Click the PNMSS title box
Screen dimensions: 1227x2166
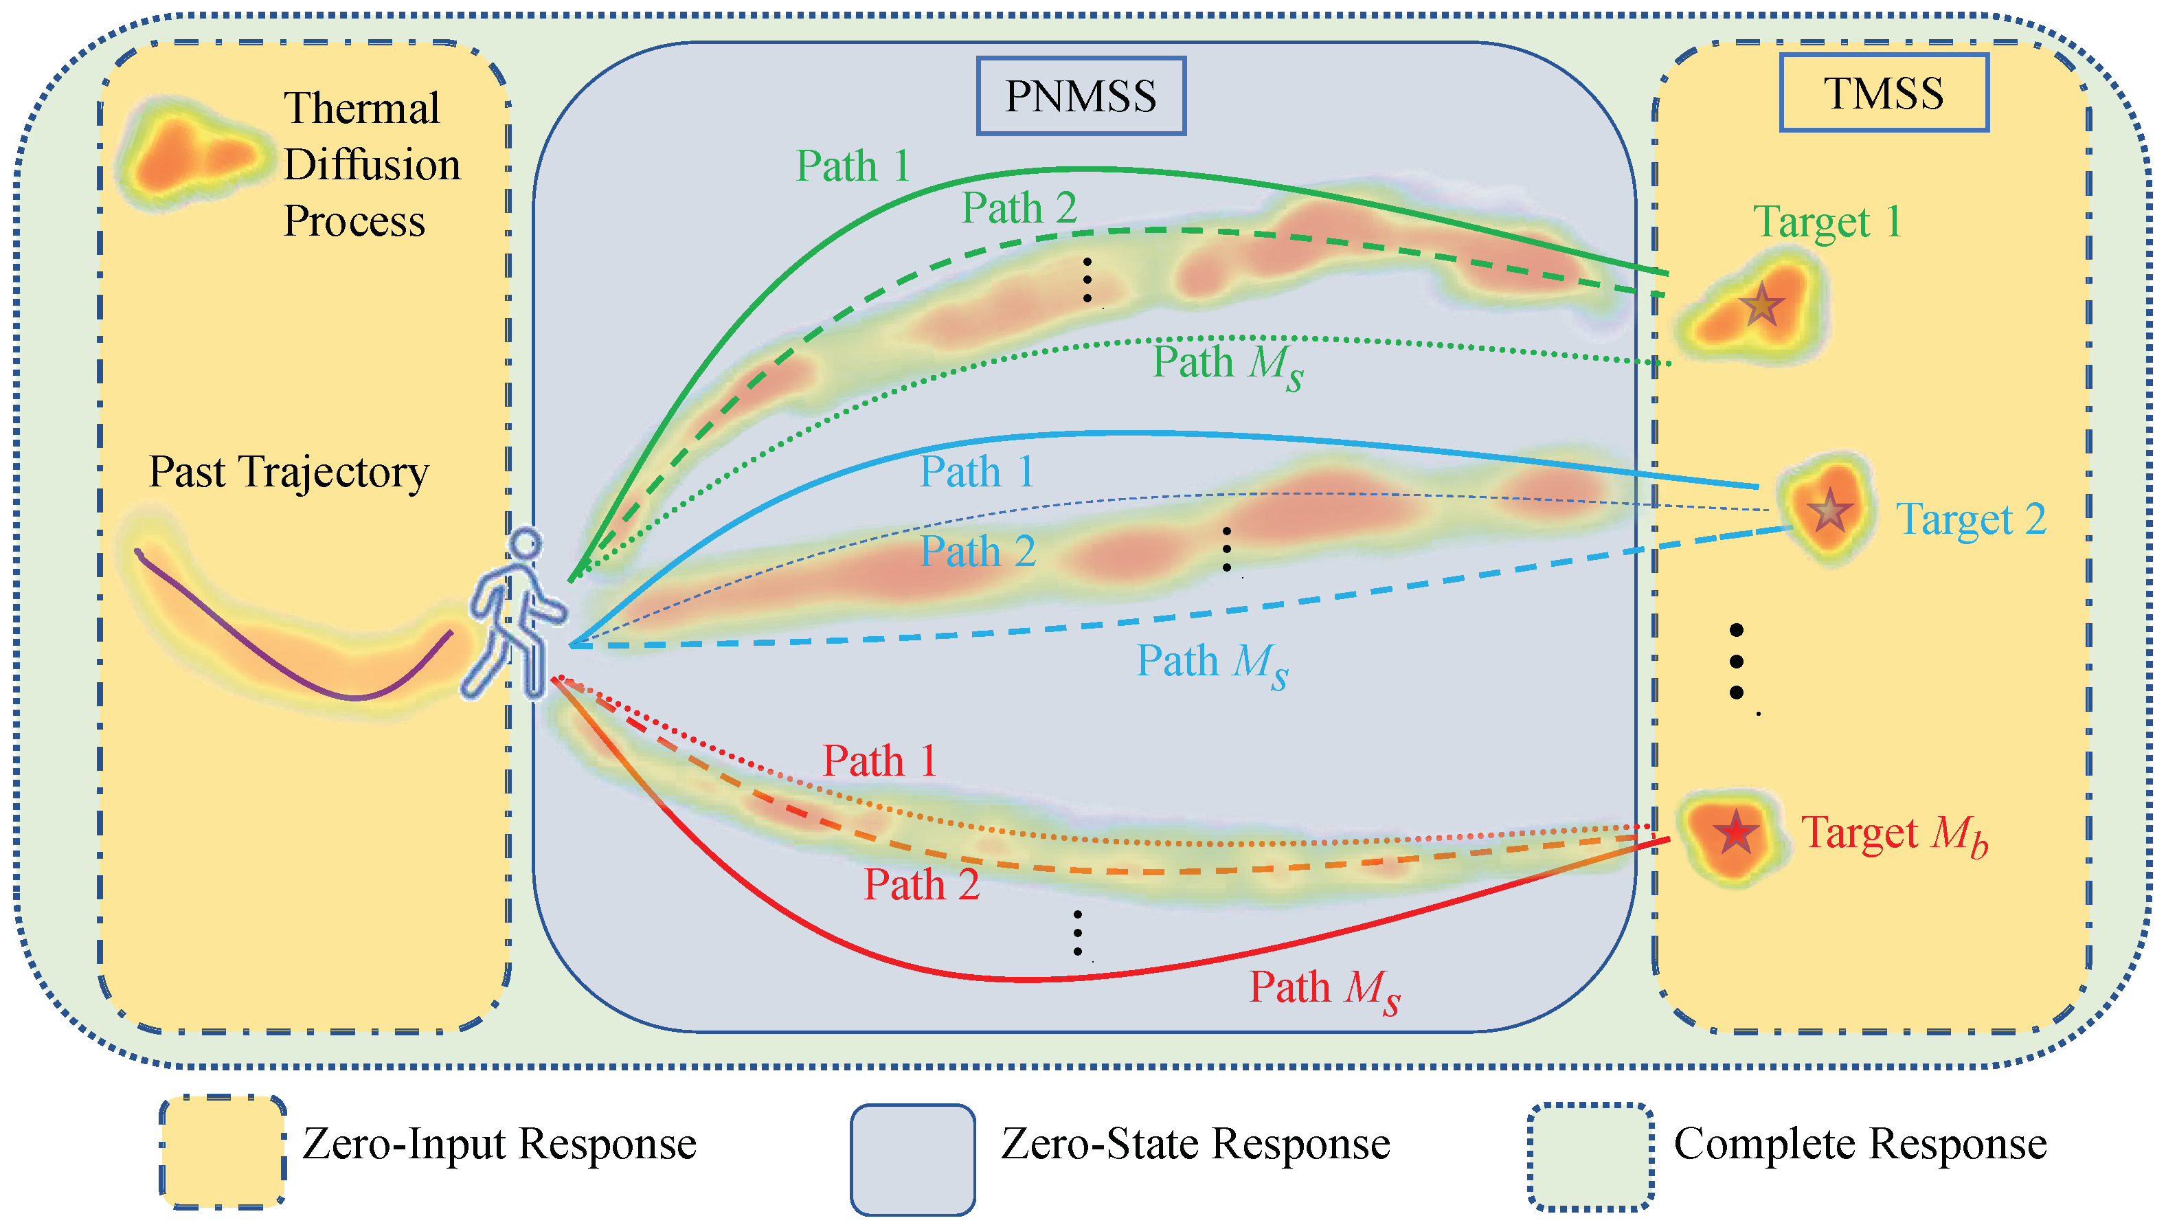(x=1081, y=96)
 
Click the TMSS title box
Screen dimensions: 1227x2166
(x=1884, y=93)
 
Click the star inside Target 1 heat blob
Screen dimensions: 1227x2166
(x=1761, y=305)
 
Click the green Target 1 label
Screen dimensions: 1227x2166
(x=1827, y=223)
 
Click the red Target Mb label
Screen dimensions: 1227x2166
(x=1894, y=834)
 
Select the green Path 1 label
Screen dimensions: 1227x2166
(x=853, y=166)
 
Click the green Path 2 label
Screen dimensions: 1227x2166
(x=1019, y=208)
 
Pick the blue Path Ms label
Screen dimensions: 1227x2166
(x=1212, y=662)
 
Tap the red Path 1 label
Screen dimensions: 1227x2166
(x=879, y=761)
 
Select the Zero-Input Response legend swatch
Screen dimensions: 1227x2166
(x=223, y=1152)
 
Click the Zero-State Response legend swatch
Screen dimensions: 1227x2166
(x=912, y=1160)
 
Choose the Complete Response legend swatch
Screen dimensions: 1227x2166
(x=1590, y=1156)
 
